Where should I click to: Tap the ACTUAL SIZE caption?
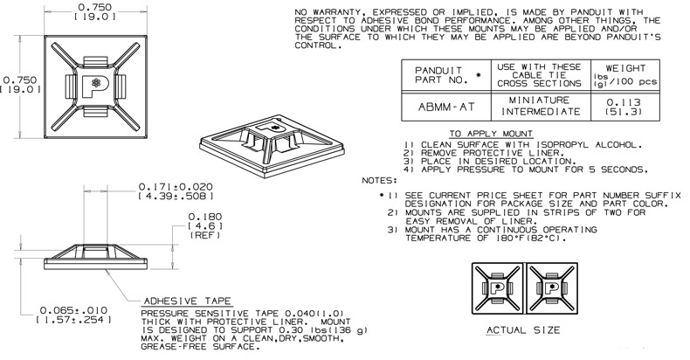point(521,330)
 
